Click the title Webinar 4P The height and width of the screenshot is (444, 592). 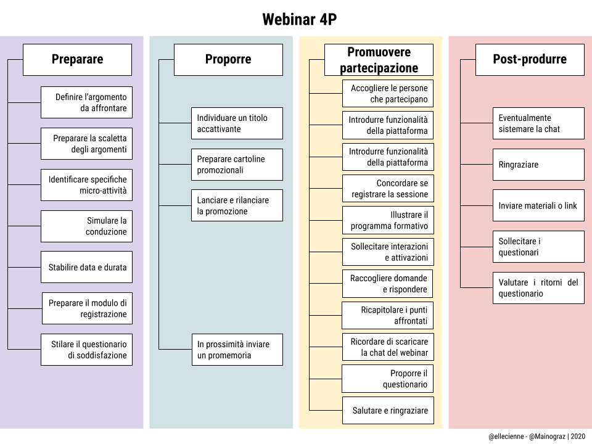click(299, 20)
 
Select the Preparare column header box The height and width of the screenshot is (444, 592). click(77, 60)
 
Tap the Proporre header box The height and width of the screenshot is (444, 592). click(228, 60)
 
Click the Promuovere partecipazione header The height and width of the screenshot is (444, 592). click(379, 60)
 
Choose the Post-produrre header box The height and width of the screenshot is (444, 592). click(530, 60)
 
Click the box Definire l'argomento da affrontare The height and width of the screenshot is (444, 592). click(86, 102)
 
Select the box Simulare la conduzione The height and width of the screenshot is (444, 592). click(86, 226)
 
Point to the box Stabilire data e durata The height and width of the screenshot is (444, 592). click(86, 267)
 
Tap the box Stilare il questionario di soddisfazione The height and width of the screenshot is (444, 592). click(86, 350)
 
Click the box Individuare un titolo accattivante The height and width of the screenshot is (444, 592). click(237, 123)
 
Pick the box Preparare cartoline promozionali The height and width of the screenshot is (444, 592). click(237, 164)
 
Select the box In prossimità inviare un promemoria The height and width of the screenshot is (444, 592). click(237, 350)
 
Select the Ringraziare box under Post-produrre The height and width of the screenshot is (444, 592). click(538, 165)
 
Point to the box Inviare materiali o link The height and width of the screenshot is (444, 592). click(538, 205)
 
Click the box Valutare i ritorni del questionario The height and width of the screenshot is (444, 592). click(538, 288)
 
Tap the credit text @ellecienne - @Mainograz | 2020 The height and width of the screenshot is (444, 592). click(536, 437)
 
